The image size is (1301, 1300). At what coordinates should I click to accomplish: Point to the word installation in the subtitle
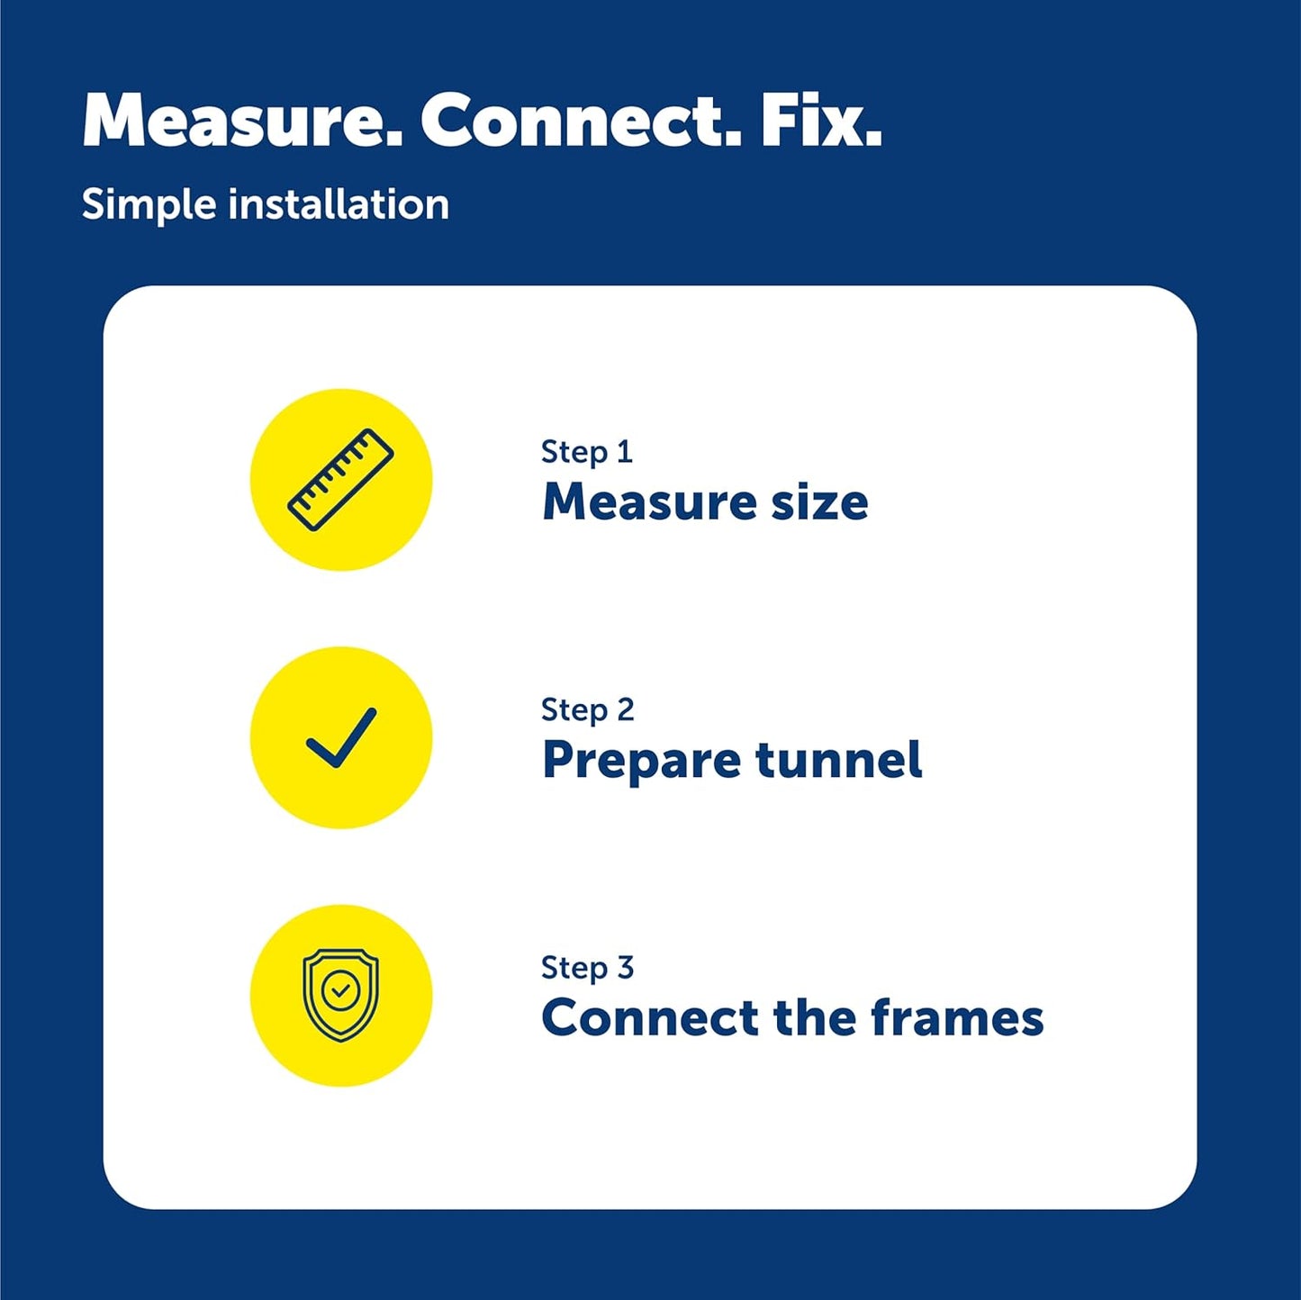(x=339, y=204)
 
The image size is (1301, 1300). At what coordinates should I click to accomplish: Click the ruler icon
(x=341, y=480)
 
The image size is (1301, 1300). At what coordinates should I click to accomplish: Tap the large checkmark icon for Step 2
(x=341, y=737)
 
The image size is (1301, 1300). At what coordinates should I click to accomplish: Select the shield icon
(x=341, y=996)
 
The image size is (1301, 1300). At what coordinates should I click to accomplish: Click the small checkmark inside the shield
(x=341, y=990)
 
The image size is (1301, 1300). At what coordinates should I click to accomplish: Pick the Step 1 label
(x=587, y=452)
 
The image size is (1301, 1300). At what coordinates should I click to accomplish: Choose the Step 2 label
(x=587, y=709)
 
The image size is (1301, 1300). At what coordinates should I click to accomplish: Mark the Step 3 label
(x=587, y=968)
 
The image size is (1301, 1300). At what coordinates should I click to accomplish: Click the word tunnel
(x=838, y=759)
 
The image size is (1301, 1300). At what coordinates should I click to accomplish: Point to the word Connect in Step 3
(x=649, y=1017)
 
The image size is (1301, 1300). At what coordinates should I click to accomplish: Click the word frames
(x=957, y=1016)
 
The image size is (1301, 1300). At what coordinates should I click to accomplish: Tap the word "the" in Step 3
(x=815, y=1016)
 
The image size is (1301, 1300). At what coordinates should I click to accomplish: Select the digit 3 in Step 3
(x=625, y=967)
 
